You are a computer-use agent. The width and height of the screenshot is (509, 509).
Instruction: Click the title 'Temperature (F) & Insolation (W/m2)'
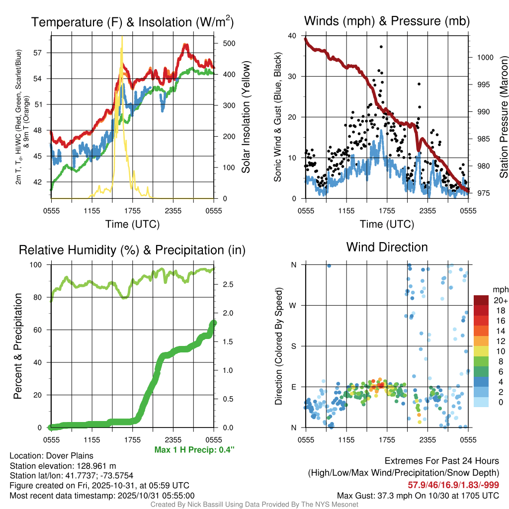(132, 22)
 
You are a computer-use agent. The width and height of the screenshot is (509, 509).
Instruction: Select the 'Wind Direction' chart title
(387, 247)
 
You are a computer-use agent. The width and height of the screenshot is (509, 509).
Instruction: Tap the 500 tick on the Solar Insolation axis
(229, 43)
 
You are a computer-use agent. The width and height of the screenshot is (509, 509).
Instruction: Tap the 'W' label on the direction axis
(294, 305)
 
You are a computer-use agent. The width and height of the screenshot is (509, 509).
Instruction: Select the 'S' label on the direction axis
(294, 346)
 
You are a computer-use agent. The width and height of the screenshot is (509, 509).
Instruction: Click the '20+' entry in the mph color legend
(501, 301)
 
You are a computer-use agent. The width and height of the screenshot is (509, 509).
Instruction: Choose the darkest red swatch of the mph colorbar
(482, 300)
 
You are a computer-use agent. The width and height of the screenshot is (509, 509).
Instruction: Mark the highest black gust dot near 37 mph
(381, 47)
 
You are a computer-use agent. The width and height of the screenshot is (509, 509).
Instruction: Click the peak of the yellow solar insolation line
(121, 38)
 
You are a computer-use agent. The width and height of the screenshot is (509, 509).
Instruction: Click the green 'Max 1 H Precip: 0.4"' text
(194, 450)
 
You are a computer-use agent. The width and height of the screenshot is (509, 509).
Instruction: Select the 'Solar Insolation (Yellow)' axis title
(246, 117)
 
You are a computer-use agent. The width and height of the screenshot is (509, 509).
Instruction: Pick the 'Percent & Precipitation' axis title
(18, 346)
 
